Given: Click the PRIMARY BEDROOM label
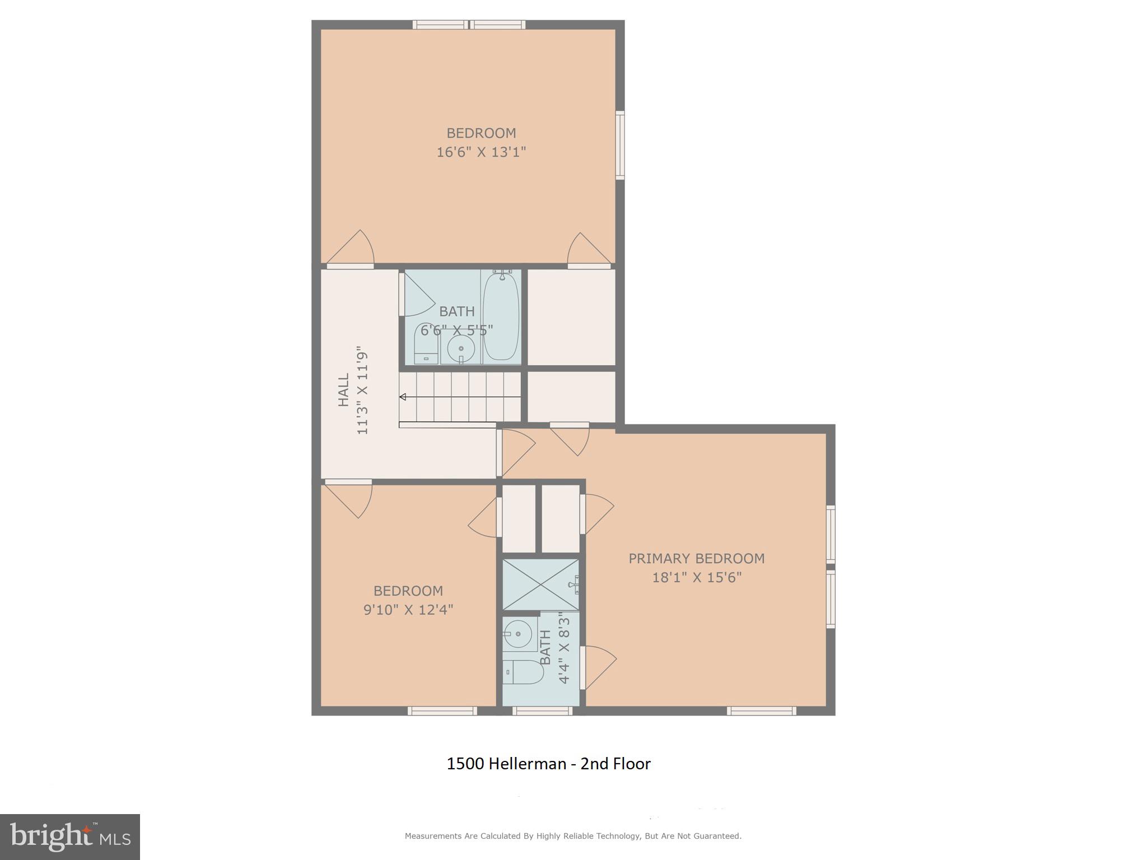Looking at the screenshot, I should pos(696,558).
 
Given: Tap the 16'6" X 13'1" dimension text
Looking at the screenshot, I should pos(481,152).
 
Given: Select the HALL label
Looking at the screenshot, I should pos(343,390).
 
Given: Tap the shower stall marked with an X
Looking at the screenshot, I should pos(540,584).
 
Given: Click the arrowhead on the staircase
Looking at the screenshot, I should pos(403,397).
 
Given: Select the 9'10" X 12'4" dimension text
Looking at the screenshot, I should pos(408,609).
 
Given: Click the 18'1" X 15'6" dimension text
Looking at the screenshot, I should pos(696,577).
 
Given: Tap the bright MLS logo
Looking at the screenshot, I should pos(69,836).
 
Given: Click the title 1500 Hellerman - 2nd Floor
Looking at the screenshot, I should pos(548,764).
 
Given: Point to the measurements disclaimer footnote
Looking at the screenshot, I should pos(573,836).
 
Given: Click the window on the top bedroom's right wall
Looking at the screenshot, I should pos(620,146).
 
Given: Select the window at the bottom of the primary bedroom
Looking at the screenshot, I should pos(761,711).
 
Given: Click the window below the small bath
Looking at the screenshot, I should pos(542,711).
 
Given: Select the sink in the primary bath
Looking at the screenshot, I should pos(518,634).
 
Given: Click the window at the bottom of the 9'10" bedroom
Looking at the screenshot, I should pos(442,711).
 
